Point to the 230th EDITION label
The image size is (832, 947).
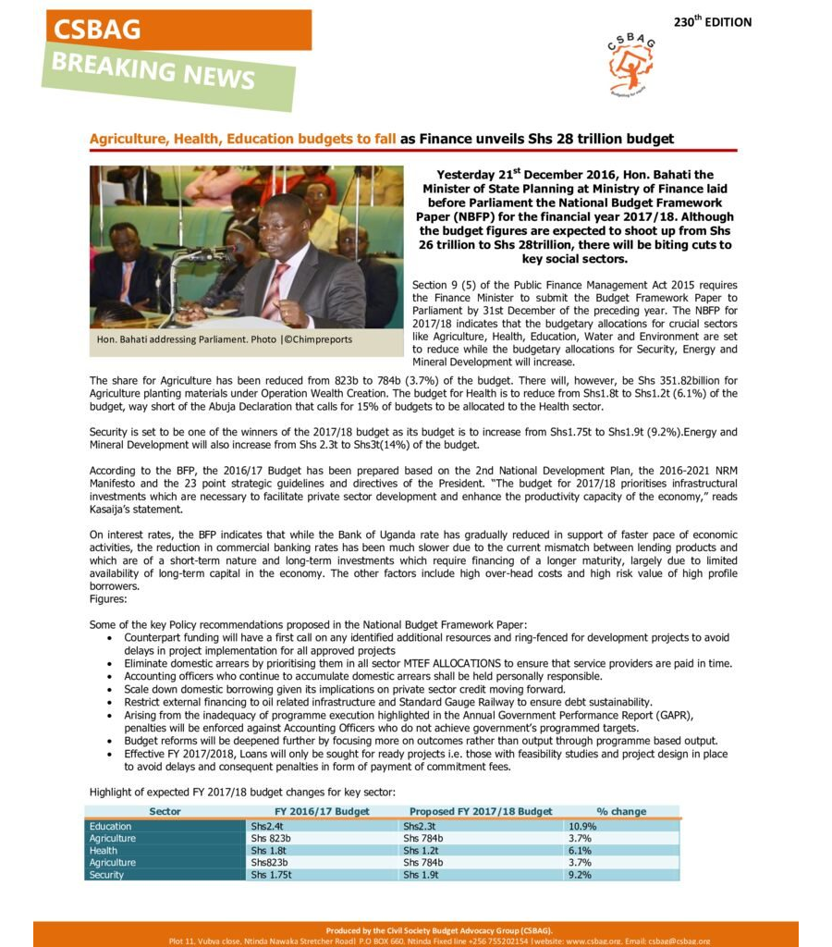pos(712,21)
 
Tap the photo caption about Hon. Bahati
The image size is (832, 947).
pos(224,340)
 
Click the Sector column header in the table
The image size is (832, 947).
pos(165,811)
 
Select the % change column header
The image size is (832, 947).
pos(621,811)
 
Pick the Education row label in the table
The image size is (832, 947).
pos(111,826)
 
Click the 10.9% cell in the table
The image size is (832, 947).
pos(583,826)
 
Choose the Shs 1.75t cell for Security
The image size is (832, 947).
pos(272,875)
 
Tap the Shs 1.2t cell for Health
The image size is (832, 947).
pos(421,851)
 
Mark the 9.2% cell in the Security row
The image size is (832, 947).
pos(581,875)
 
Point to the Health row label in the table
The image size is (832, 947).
pos(104,851)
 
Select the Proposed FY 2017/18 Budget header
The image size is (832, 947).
pos(480,811)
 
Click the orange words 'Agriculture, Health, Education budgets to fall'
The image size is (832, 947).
pos(242,139)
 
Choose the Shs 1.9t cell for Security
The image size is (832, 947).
pos(421,875)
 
